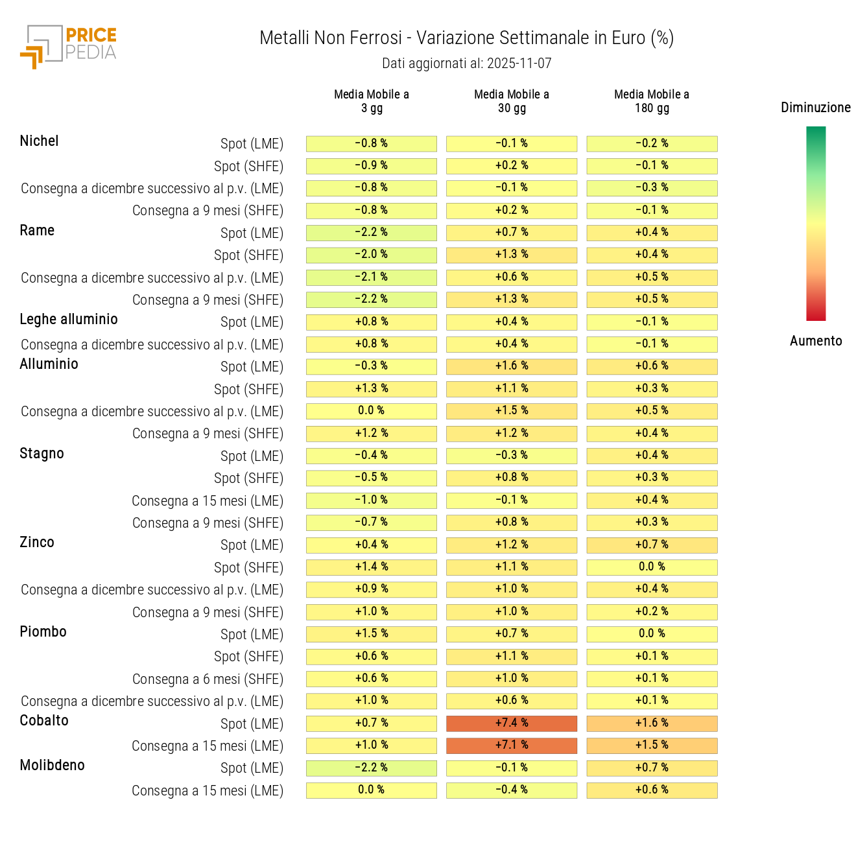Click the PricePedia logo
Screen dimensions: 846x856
coord(68,47)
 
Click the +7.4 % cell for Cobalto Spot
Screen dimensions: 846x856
coord(512,723)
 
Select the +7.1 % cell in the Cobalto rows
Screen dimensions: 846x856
coord(512,746)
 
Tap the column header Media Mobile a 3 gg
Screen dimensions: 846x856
coord(372,101)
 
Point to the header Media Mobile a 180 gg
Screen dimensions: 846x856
coord(652,101)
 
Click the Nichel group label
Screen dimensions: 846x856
coord(39,141)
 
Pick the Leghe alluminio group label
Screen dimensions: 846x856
coord(69,319)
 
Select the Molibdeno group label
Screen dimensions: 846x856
coord(52,765)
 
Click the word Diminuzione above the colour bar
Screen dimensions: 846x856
coord(815,108)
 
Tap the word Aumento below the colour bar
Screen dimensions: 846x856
coord(816,341)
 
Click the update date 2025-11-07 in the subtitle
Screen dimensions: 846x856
coord(519,64)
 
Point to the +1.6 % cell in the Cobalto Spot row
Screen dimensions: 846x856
coord(652,723)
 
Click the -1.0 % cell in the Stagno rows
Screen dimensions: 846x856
coord(372,500)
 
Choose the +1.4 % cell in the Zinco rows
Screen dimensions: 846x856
coord(372,567)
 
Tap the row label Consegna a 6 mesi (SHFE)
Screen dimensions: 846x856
coord(208,679)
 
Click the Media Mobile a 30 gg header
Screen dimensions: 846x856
coord(512,101)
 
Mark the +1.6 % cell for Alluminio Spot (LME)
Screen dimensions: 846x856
coord(512,366)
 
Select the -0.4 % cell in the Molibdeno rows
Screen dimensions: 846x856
coord(512,790)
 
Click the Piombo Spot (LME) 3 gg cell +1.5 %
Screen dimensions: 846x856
coord(372,634)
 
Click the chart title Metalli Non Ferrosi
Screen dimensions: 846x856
coord(331,38)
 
